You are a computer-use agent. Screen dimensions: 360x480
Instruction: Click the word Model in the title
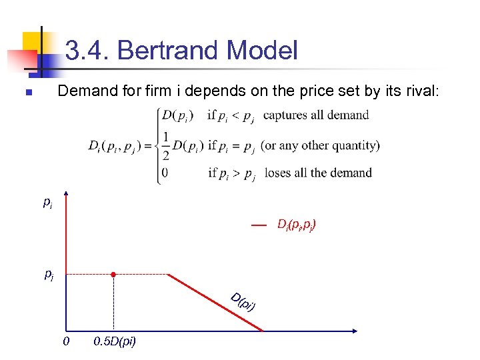tap(262, 51)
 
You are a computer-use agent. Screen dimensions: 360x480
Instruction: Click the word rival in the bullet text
tap(419, 91)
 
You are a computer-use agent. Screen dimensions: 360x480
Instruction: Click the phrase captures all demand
tap(316, 115)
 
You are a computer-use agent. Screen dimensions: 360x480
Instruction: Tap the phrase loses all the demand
tap(318, 173)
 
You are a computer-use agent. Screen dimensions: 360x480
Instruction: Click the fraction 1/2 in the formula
tap(165, 145)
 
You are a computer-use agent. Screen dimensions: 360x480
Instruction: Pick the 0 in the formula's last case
tap(164, 173)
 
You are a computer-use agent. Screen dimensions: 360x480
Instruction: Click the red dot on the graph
tap(114, 274)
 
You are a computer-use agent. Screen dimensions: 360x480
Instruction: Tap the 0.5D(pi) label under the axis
tap(115, 342)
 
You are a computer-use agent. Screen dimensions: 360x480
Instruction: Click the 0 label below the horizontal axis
tap(65, 342)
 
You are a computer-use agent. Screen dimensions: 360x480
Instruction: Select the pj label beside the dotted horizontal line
tap(49, 274)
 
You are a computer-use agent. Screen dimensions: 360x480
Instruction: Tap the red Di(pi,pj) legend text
tap(297, 225)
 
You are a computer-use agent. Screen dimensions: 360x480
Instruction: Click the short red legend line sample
tap(259, 226)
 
